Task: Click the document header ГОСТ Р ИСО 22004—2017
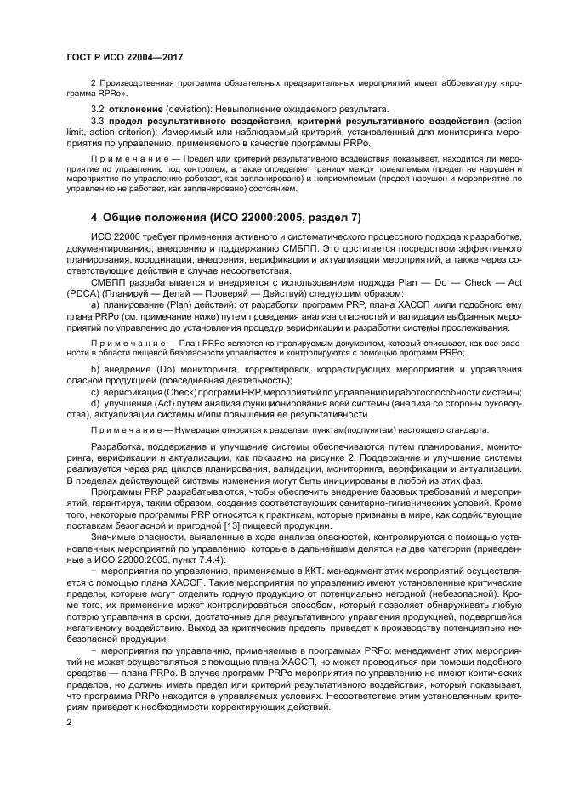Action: pyautogui.click(x=124, y=56)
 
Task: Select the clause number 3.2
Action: pyautogui.click(x=97, y=109)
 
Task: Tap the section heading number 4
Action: pyautogui.click(x=71, y=218)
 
